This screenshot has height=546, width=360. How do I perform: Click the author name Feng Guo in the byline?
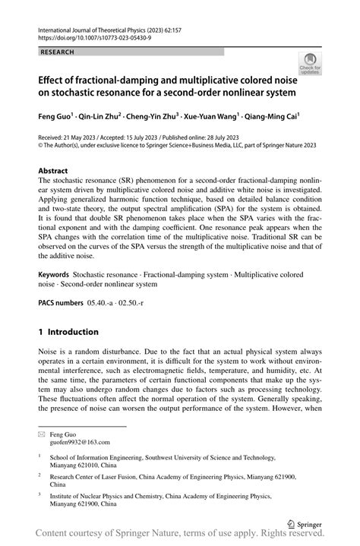click(58, 118)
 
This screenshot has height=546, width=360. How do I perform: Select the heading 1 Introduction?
click(68, 332)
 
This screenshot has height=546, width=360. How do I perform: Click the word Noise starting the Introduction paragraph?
click(49, 353)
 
